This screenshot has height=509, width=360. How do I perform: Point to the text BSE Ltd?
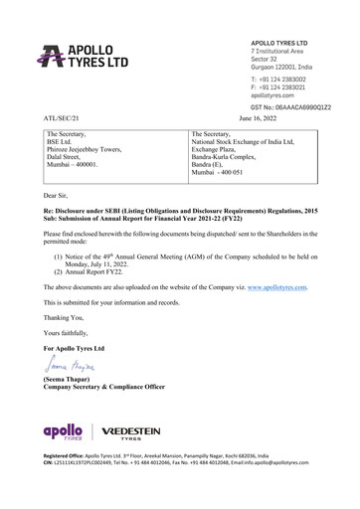(63, 143)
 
